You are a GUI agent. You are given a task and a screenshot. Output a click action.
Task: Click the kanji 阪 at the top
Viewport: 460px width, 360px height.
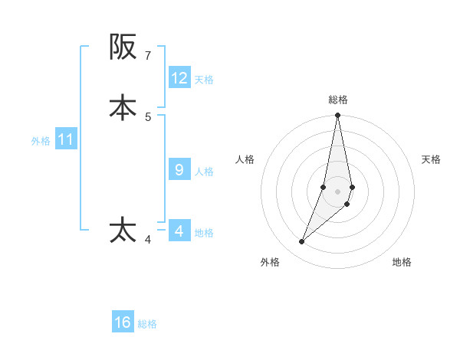(123, 47)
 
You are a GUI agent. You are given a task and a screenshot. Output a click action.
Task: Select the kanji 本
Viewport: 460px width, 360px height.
(123, 107)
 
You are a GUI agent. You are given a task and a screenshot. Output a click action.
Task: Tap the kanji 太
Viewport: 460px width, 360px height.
(123, 231)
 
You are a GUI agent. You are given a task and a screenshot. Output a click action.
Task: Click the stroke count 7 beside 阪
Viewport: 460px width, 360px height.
(148, 55)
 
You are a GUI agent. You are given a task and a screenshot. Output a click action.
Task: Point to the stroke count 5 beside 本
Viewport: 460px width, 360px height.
(148, 116)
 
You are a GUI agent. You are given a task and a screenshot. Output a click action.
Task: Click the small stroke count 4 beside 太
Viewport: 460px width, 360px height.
(148, 240)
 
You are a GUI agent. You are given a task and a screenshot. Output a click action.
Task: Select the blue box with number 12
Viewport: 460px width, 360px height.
(179, 78)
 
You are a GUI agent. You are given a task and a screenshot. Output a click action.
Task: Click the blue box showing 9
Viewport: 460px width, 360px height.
(179, 170)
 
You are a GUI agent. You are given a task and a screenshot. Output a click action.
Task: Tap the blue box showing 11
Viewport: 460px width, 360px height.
(66, 139)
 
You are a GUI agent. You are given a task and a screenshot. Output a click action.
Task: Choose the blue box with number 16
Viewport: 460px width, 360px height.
(123, 322)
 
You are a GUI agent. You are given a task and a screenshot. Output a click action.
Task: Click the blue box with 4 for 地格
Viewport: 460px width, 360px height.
(179, 231)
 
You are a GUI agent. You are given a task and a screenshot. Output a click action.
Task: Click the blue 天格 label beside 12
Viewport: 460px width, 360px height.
(204, 79)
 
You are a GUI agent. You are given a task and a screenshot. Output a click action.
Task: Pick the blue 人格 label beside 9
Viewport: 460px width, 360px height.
(205, 171)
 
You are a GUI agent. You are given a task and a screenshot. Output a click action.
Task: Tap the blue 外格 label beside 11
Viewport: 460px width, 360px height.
(41, 141)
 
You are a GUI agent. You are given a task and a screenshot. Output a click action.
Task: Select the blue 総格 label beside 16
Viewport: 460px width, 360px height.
(147, 324)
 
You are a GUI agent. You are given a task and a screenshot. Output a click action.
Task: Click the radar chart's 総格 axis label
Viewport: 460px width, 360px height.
(338, 100)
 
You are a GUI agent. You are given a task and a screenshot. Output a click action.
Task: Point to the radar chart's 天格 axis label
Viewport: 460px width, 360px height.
(432, 159)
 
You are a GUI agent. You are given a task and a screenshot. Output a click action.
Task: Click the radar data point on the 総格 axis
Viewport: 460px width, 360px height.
(338, 116)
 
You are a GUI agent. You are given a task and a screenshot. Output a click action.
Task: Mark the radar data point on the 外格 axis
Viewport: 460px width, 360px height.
(302, 242)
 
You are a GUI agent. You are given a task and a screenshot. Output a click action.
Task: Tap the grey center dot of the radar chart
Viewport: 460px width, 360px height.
(338, 191)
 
